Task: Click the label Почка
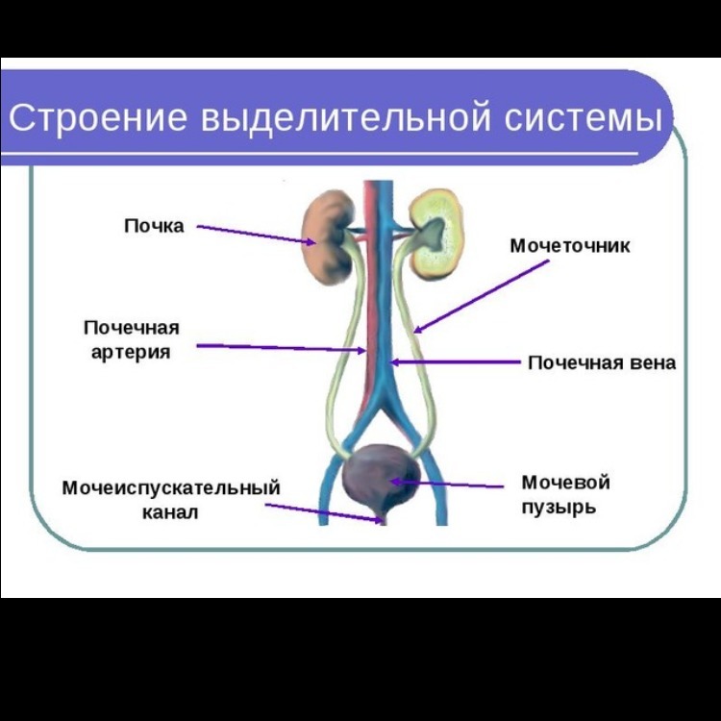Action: point(154,226)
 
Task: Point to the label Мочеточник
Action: point(569,246)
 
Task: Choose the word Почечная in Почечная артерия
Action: point(131,328)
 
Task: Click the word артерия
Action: point(131,352)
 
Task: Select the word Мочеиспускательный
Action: point(171,487)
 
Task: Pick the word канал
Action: point(171,512)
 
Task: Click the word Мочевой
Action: point(565,482)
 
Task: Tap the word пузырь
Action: point(559,507)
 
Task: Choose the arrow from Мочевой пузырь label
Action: point(452,484)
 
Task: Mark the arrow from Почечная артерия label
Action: point(279,347)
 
